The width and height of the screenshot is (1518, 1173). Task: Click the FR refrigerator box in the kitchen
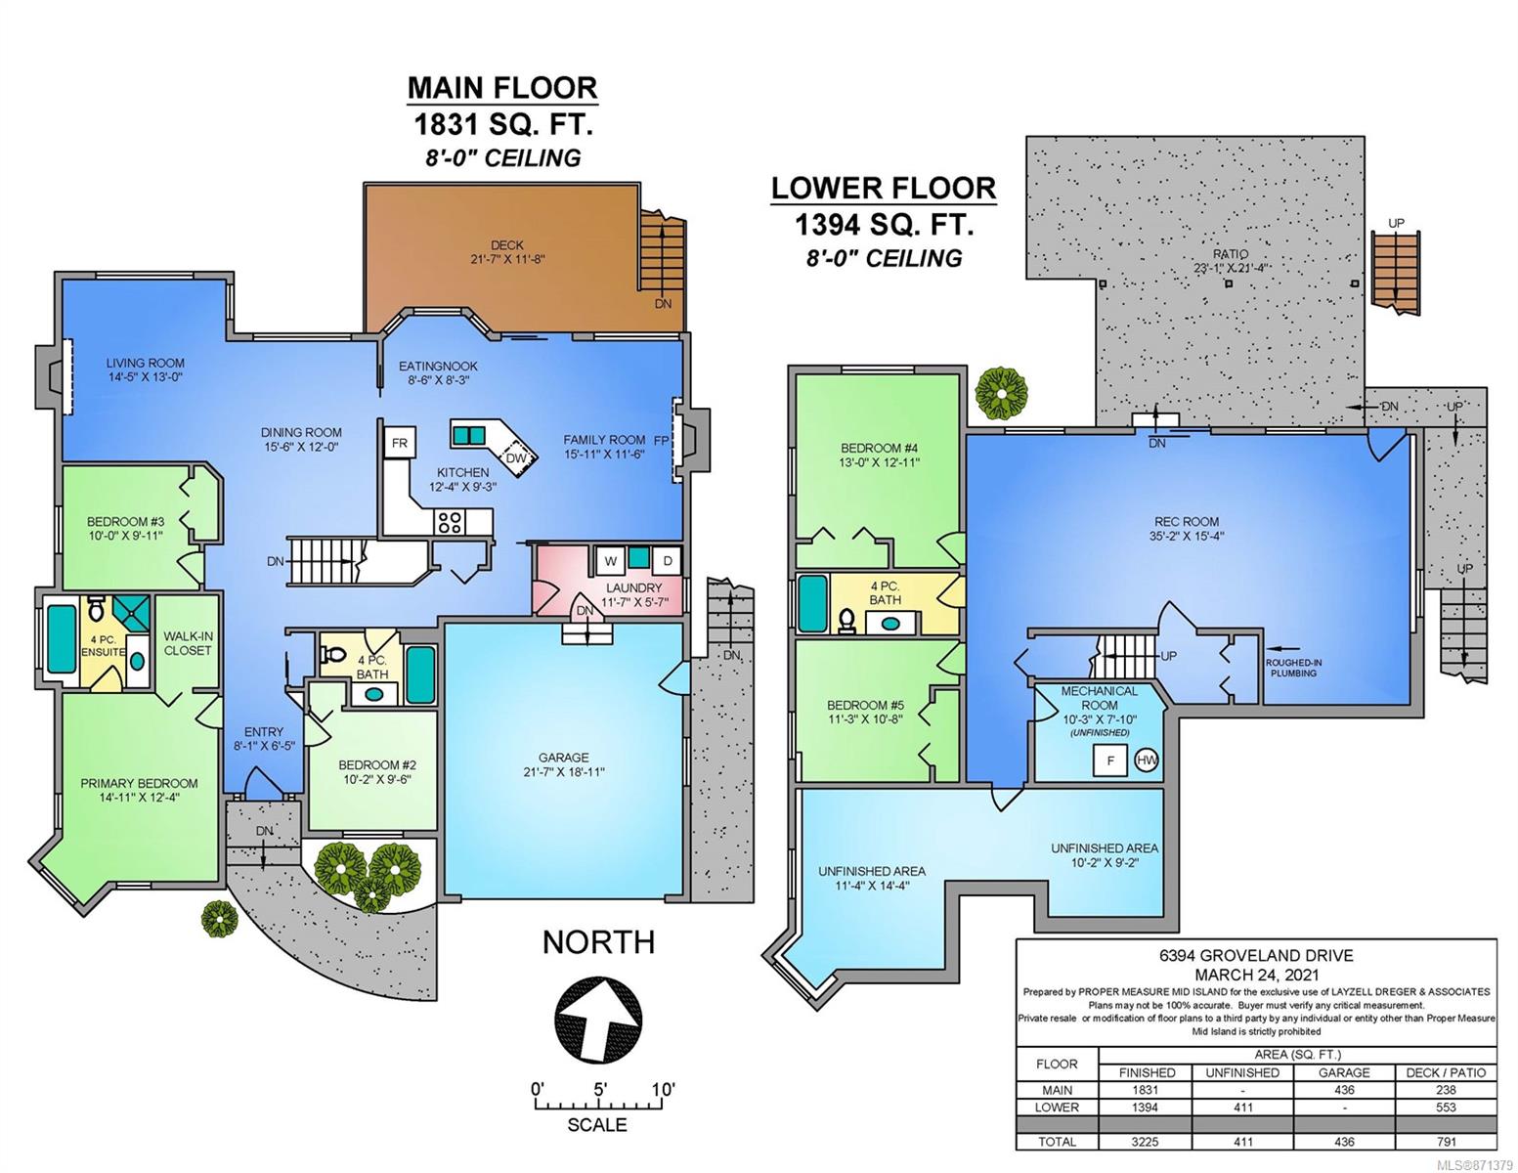click(400, 443)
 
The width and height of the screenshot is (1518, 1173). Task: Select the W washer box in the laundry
click(610, 561)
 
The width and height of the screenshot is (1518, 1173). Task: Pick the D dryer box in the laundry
click(668, 561)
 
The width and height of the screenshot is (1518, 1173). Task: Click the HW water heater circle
click(1147, 760)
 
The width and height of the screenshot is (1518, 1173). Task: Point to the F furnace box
click(1110, 760)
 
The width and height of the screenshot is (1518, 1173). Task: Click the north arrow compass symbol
click(597, 1020)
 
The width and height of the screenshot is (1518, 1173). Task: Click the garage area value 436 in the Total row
click(1343, 1142)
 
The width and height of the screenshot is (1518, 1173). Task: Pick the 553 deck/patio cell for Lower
click(1446, 1108)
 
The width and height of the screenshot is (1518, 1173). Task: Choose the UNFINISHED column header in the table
click(1242, 1072)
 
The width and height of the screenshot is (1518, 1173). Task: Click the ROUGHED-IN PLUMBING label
click(1293, 668)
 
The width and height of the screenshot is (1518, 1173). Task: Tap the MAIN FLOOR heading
click(502, 89)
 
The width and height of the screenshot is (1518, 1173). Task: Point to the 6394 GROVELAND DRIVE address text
click(1255, 955)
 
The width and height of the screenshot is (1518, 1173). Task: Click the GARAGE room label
click(563, 758)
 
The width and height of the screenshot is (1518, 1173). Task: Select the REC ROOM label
click(1187, 522)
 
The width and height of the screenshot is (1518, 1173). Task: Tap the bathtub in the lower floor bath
click(812, 604)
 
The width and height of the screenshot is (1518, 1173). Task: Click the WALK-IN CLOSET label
click(188, 643)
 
